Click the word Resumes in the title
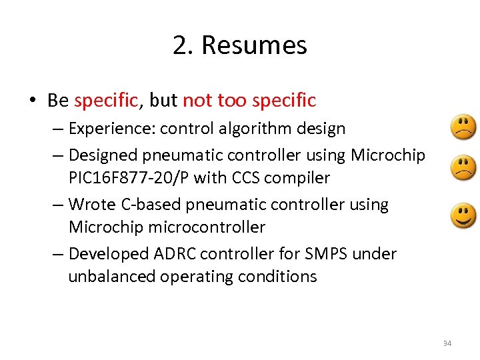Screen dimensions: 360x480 pos(254,45)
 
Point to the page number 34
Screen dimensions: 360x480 pos(447,343)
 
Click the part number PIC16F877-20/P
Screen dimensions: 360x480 pos(129,178)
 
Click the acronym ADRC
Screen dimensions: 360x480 pos(175,254)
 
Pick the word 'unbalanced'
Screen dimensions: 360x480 pos(111,277)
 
